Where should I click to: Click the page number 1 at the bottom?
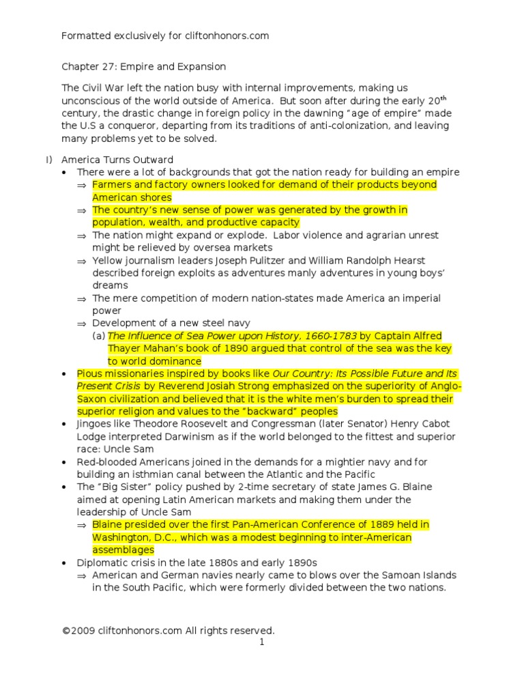pos(261,642)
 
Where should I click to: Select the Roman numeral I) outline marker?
pos(48,160)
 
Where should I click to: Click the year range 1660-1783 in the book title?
pos(326,336)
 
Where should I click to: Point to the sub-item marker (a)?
pos(100,336)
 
